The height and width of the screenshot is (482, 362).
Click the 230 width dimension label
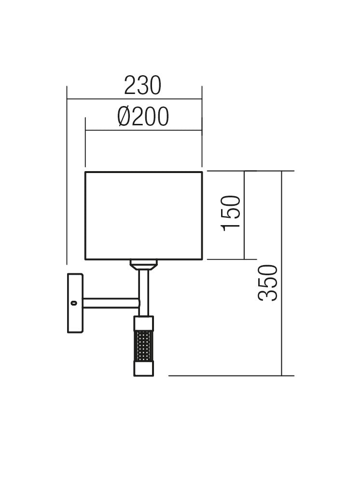tap(142, 86)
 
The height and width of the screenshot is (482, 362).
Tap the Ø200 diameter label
tap(143, 117)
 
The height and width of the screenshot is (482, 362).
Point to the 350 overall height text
tap(268, 283)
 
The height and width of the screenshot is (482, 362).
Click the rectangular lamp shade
tap(143, 215)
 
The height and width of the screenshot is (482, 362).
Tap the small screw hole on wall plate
tap(73, 303)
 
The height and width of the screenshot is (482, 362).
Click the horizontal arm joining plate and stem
tap(111, 303)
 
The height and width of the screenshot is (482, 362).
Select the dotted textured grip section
tap(143, 346)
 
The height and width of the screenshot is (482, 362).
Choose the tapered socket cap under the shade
tap(143, 264)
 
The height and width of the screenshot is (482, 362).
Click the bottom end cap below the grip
tap(143, 369)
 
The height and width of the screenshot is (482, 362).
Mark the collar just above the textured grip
tap(143, 322)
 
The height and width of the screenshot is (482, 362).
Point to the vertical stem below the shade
tap(143, 289)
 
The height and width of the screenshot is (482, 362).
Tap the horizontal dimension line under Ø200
tap(143, 130)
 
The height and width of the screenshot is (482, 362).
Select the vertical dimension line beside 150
tap(245, 215)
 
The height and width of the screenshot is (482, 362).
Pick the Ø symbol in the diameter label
tap(125, 117)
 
